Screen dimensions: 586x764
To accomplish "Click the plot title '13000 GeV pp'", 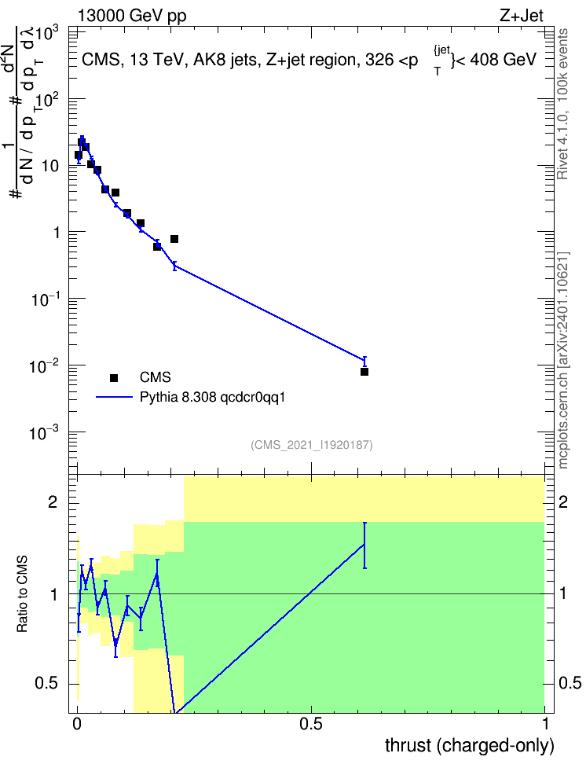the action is coord(132,16).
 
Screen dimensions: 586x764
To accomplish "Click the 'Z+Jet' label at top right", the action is coord(522,16).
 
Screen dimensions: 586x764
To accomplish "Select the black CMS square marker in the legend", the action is coord(114,377).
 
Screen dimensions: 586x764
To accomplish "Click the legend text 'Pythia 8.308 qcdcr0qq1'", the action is coord(212,397).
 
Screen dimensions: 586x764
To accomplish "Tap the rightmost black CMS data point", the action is coord(364,372).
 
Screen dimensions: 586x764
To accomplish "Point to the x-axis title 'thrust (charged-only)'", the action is coord(470,745).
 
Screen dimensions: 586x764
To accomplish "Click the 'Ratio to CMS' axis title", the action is coord(22,594).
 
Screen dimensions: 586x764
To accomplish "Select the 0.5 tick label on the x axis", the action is coord(311,724).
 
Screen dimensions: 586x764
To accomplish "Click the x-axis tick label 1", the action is coord(545,724).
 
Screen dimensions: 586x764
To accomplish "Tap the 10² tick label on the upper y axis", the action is coord(47,99).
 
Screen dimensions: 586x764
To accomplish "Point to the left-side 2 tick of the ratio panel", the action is coord(53,501).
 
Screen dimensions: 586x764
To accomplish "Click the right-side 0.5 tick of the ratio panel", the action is coord(570,683).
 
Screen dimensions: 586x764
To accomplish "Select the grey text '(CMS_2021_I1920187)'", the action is coord(312,445).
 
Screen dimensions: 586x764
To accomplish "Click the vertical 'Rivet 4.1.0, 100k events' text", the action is coord(562,104).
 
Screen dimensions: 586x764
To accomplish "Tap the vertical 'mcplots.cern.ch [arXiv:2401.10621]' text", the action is coord(562,360).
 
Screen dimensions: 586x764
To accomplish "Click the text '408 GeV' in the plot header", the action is coord(504,60).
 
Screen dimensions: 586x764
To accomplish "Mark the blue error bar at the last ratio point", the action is coord(364,545).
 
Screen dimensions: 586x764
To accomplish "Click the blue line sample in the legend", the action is coord(114,397).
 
